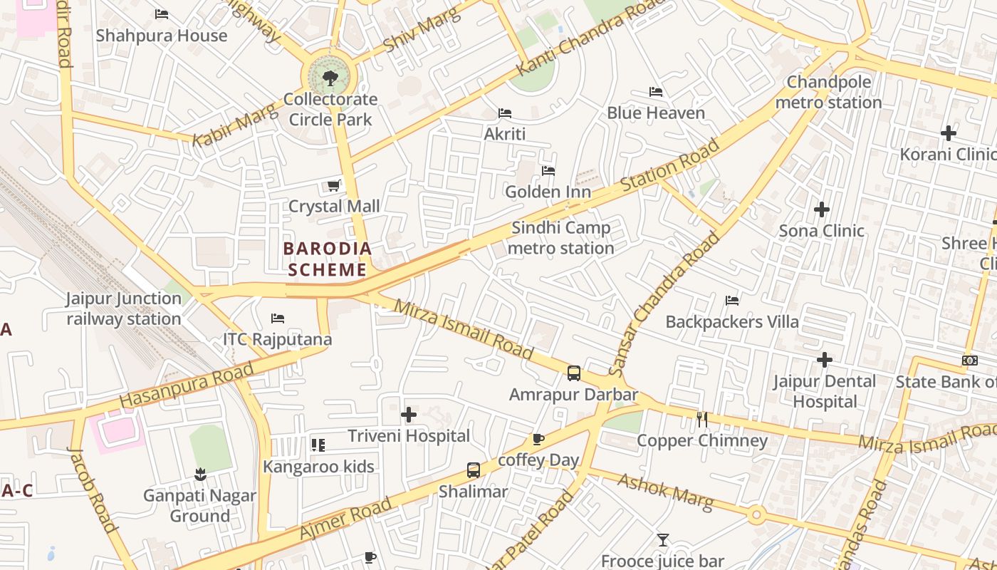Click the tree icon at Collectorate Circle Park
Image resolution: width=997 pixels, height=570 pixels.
(330, 78)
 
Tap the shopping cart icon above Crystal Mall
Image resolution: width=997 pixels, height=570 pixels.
(333, 186)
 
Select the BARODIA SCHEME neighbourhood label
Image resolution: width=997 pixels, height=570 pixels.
(328, 259)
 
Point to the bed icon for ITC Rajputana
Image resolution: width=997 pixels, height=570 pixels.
(278, 318)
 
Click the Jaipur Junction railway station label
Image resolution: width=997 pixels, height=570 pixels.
(124, 309)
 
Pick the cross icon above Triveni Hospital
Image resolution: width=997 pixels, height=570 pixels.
(409, 415)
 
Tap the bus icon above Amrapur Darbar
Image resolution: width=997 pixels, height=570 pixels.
(574, 373)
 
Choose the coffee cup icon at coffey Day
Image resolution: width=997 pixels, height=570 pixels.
(538, 439)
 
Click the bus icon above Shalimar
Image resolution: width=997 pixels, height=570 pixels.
(474, 470)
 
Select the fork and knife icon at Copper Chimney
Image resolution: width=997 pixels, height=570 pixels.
(702, 420)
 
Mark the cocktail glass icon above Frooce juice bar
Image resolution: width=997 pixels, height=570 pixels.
(663, 540)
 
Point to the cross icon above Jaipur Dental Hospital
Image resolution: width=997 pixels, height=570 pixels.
(825, 360)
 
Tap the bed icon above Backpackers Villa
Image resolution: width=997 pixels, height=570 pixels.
(732, 301)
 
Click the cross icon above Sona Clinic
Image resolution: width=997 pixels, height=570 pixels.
(822, 209)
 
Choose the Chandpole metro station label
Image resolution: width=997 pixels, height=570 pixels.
(828, 93)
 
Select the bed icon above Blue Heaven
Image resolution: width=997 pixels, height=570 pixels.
(656, 92)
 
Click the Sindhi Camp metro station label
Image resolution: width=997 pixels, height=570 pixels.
(561, 238)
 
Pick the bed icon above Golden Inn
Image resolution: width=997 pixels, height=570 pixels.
(548, 171)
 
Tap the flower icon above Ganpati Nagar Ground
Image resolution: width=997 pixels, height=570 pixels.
(200, 474)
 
